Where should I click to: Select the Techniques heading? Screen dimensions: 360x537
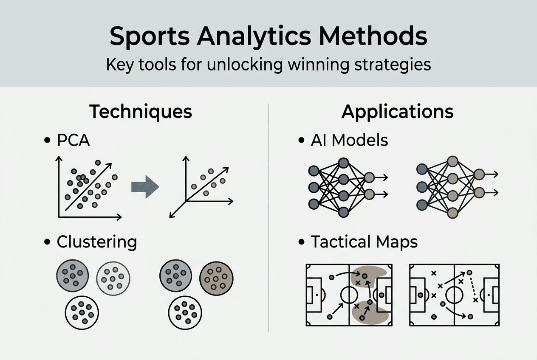141,111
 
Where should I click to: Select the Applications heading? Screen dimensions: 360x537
397,111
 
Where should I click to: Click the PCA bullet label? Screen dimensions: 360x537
73,141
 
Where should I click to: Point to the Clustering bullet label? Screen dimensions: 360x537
96,242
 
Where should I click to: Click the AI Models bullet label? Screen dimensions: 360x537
349,141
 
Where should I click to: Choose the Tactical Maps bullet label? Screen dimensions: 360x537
364,242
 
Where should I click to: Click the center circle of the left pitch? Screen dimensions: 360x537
349,295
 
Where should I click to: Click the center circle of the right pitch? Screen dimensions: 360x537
454,295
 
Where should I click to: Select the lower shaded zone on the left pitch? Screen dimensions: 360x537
372,313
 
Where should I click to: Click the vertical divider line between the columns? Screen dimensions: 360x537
269,217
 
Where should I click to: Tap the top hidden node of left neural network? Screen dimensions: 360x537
343,163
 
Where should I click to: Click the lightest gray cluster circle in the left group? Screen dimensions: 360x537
113,278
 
